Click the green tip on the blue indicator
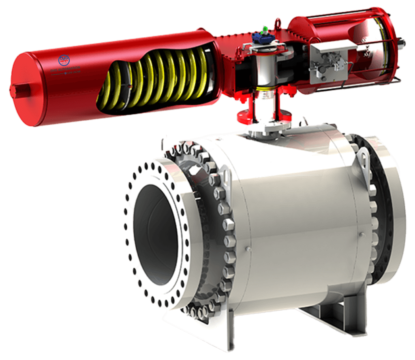coord(264,29)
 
